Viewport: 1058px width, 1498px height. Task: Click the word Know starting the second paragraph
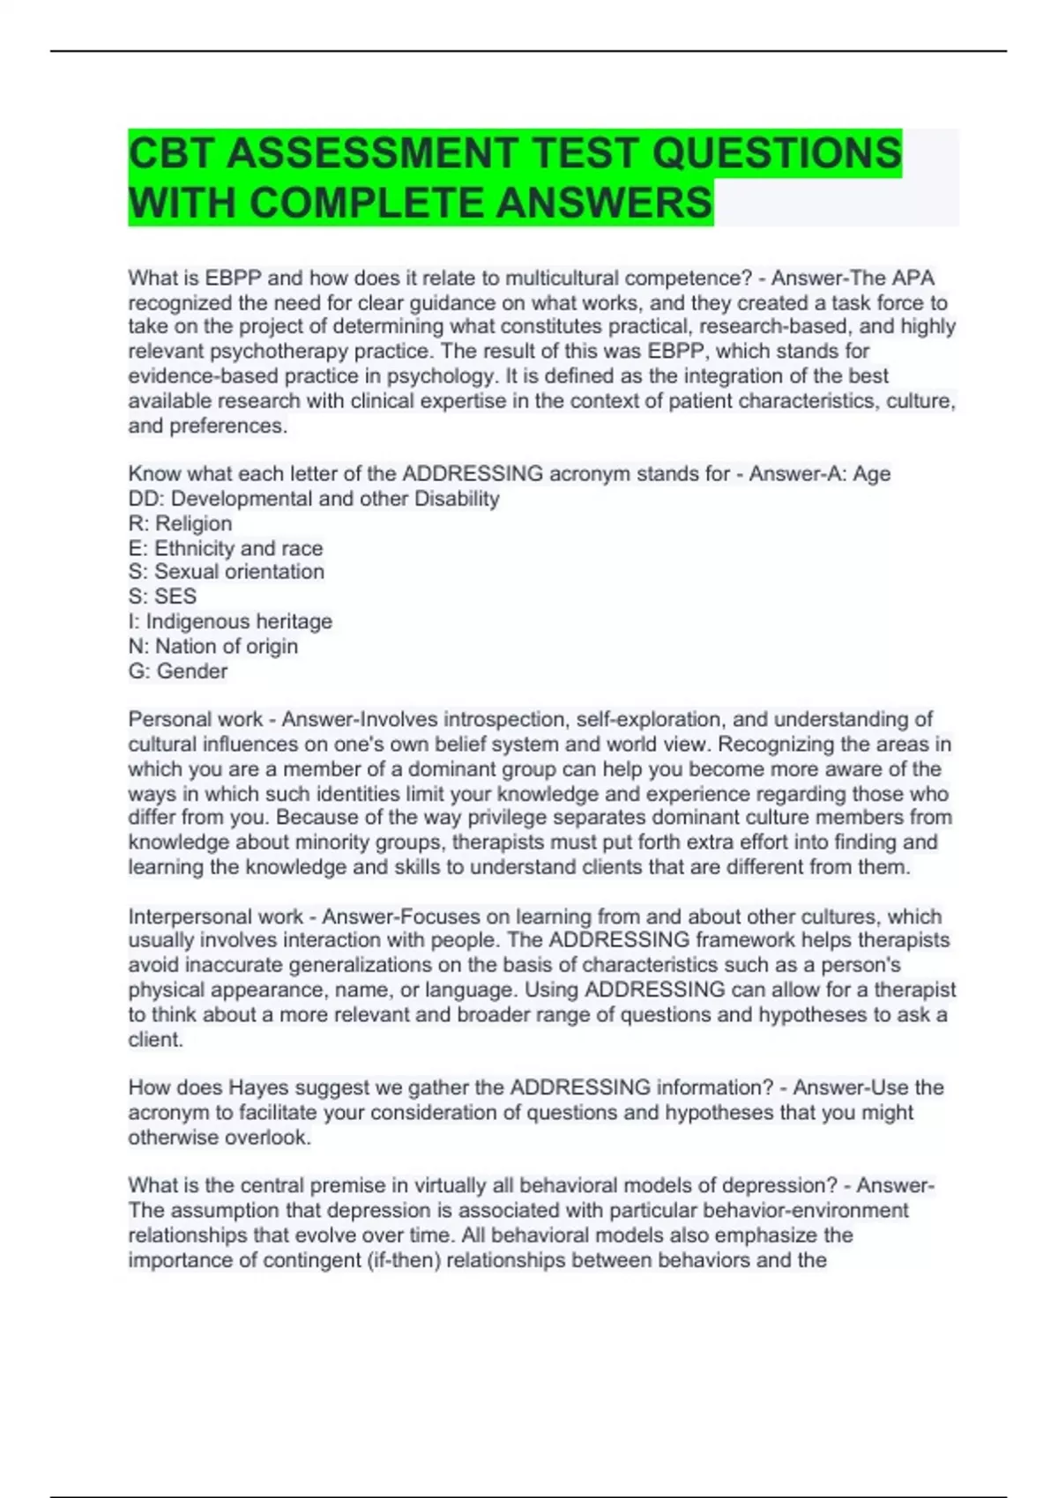pos(154,474)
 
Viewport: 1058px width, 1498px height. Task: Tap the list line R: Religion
pos(180,523)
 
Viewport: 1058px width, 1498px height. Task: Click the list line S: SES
pos(162,597)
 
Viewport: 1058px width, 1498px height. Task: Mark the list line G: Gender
pos(177,671)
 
